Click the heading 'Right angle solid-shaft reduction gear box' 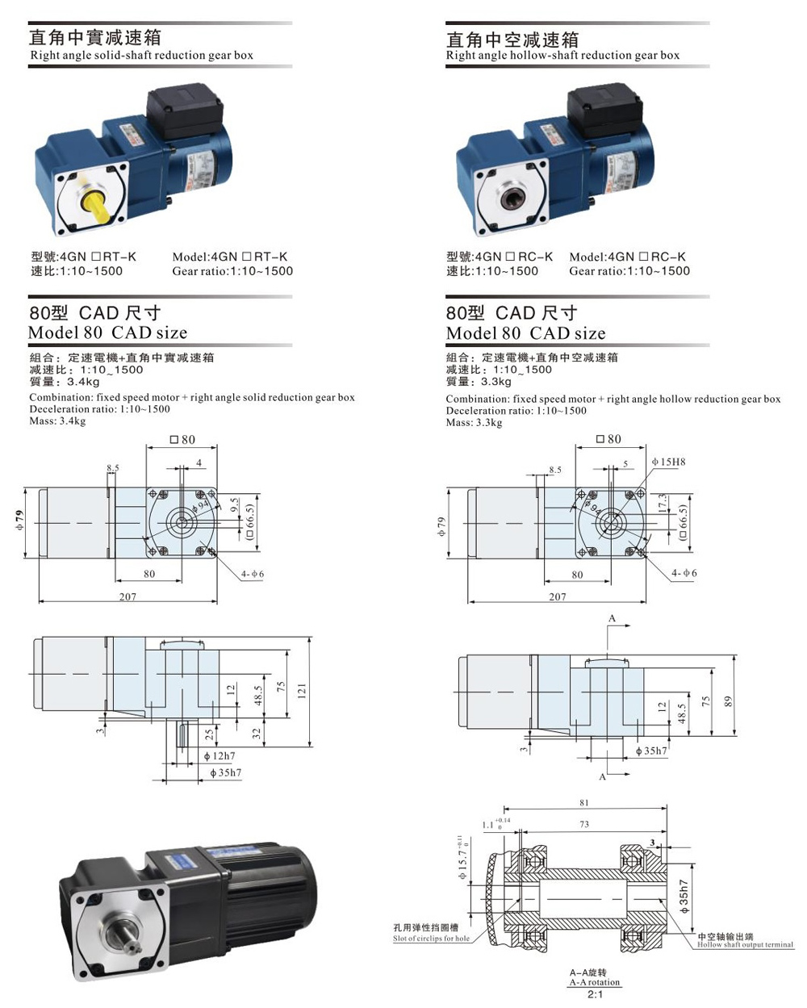coord(141,56)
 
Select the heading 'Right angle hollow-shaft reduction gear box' coord(562,56)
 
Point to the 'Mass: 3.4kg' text coord(57,421)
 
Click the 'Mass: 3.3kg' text coord(474,423)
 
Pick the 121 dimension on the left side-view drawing coord(301,690)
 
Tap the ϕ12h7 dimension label coord(219,756)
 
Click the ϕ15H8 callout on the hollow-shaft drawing coord(667,462)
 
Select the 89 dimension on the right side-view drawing coord(727,702)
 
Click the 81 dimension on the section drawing coord(584,803)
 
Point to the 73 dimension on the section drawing coord(584,825)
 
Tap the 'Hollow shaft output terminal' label coord(745,944)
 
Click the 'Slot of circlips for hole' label coord(431,939)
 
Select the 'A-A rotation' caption coord(594,982)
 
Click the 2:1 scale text coord(595,995)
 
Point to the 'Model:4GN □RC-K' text coord(627,257)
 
